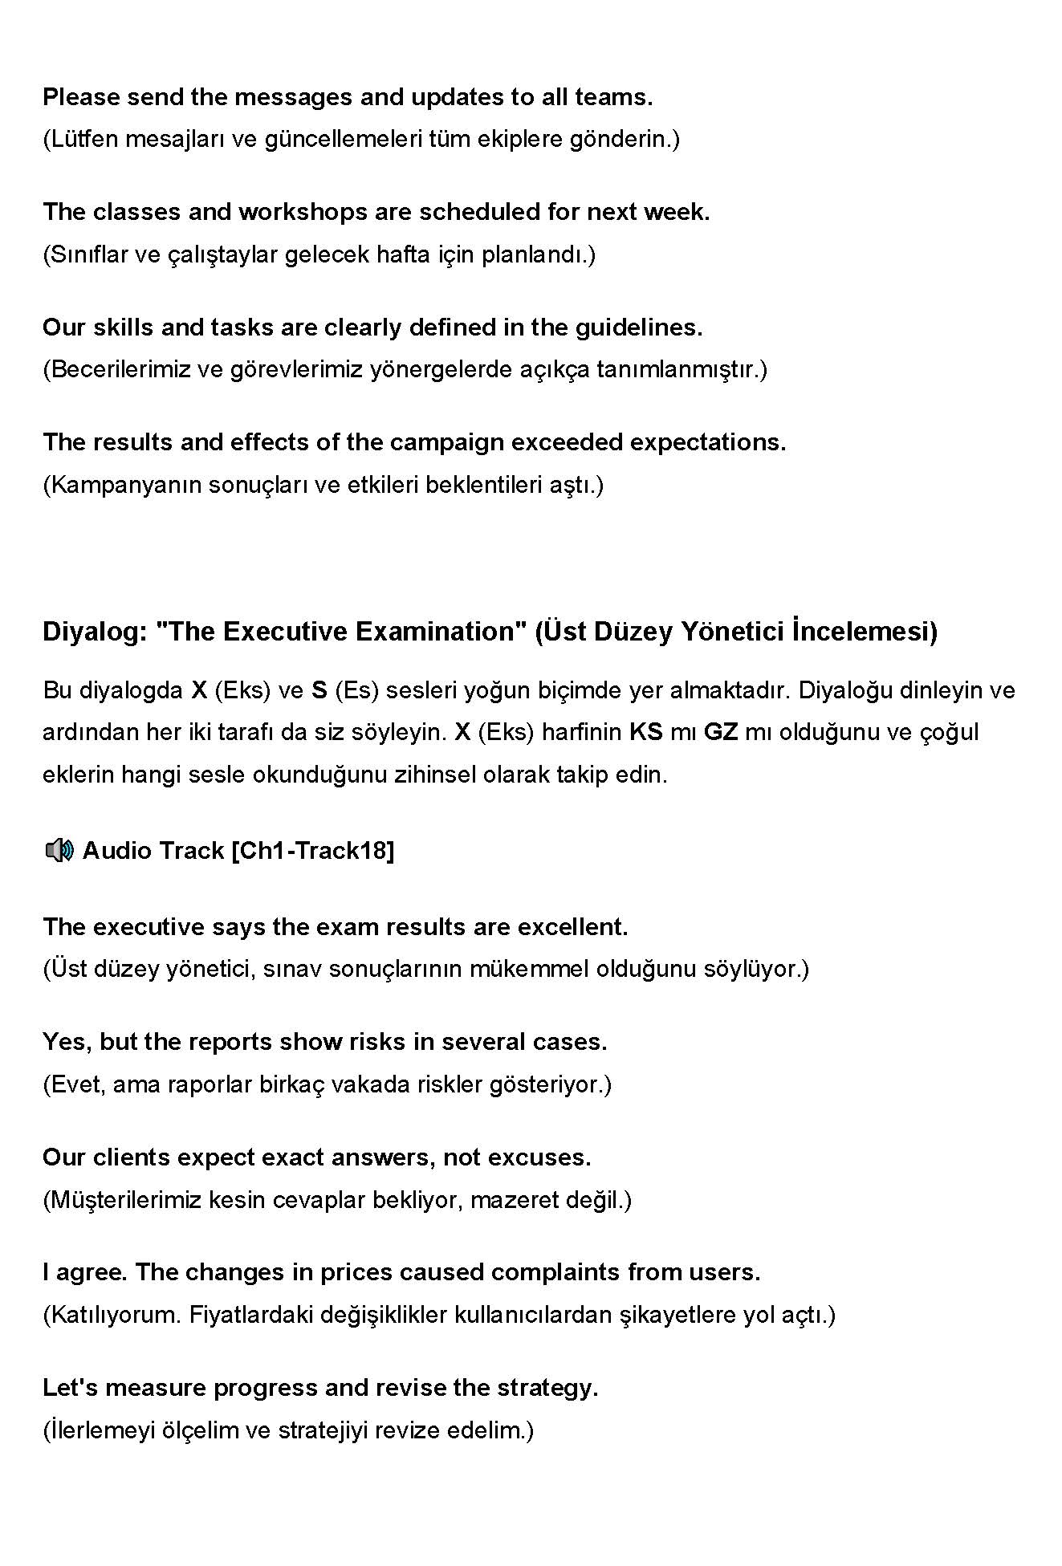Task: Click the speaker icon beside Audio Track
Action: point(59,850)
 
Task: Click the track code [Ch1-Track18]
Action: point(312,851)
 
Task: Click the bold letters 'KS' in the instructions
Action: point(646,732)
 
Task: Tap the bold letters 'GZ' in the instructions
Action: point(720,732)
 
